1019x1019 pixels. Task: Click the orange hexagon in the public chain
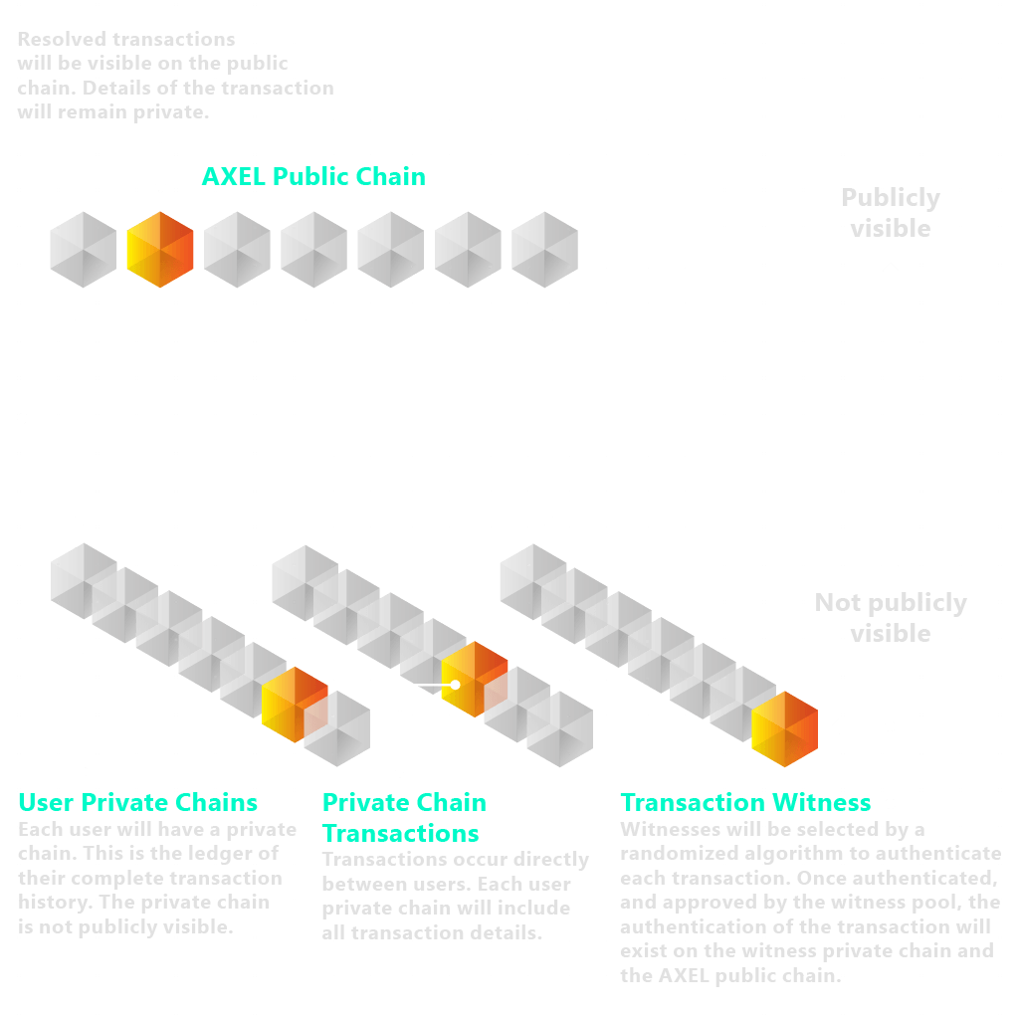(x=160, y=249)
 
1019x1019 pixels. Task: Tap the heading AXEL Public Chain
(x=313, y=177)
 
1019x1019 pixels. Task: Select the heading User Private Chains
(x=138, y=803)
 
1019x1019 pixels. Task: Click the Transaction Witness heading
(x=745, y=803)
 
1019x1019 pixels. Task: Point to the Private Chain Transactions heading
(x=404, y=817)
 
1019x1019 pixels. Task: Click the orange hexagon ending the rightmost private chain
(x=784, y=728)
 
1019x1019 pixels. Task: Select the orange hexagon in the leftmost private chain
(x=295, y=703)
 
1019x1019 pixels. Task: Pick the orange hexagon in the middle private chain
(x=475, y=679)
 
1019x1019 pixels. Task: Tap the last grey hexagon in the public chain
(x=544, y=249)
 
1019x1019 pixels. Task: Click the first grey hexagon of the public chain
(x=84, y=249)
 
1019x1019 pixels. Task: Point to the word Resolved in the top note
(x=62, y=41)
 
